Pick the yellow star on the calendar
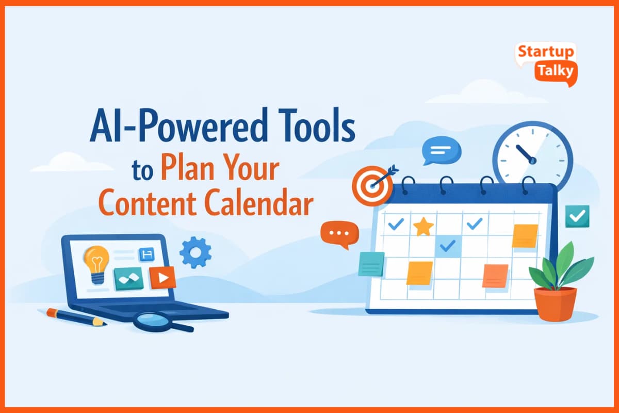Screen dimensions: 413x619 click(x=423, y=226)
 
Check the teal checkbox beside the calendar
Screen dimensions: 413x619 click(x=577, y=216)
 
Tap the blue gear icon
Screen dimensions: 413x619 click(x=196, y=252)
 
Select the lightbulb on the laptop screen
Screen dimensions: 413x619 click(x=97, y=263)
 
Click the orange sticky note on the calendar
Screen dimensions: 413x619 click(x=495, y=276)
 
